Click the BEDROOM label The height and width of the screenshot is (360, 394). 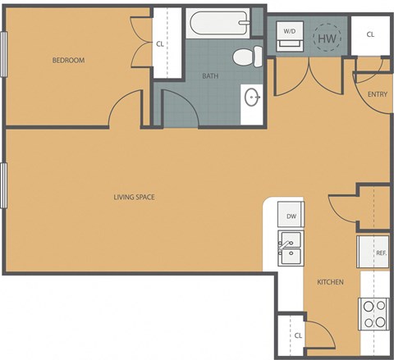pos(69,60)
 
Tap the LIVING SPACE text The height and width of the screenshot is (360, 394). pos(135,197)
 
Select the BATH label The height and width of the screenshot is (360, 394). pos(211,76)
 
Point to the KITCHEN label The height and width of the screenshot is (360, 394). pos(330,282)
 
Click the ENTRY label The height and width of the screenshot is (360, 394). pos(377,94)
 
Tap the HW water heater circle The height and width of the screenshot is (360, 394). pos(327,38)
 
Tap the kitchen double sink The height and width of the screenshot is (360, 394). pos(290,245)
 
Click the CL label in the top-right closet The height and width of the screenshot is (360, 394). pos(370,34)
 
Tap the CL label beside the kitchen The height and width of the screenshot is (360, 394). pos(298,335)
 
